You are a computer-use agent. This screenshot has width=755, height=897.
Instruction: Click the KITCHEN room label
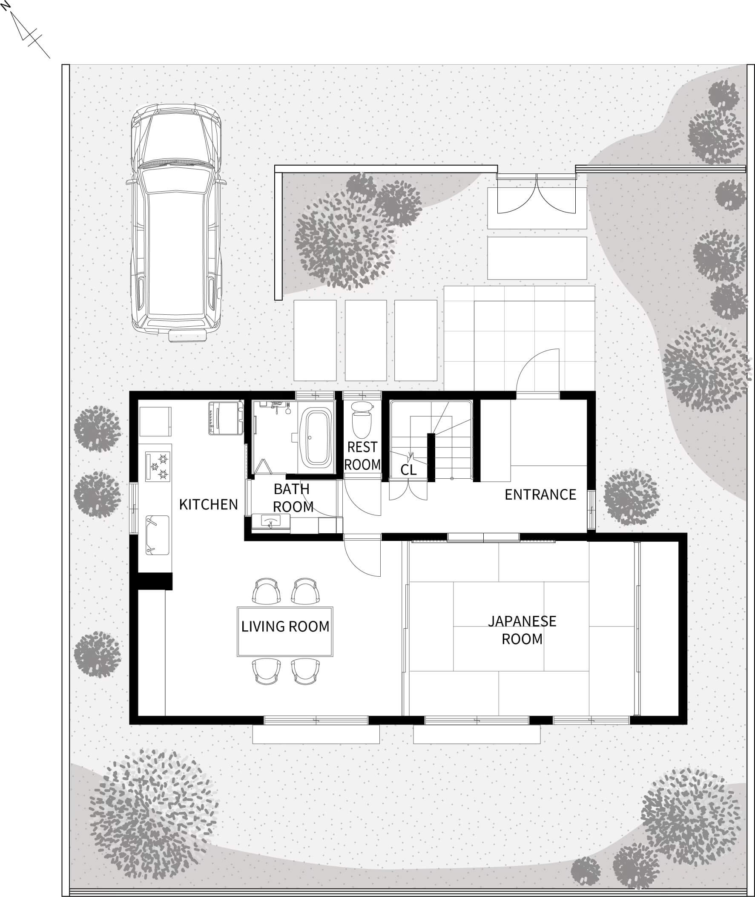click(208, 504)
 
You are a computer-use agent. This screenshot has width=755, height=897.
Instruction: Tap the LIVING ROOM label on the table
click(285, 627)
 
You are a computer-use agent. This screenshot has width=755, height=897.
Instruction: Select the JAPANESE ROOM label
click(522, 630)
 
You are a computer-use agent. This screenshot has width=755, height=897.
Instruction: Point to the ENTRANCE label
click(540, 494)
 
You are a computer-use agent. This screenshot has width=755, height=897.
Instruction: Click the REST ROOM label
click(362, 456)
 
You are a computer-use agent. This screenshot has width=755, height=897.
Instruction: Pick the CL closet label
click(408, 470)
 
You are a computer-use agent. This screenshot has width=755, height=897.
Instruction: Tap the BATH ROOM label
click(293, 497)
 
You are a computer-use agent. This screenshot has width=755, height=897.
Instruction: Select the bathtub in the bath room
click(316, 437)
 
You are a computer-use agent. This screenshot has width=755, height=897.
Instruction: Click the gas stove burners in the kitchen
click(158, 466)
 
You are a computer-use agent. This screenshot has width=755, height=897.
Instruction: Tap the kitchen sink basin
click(157, 535)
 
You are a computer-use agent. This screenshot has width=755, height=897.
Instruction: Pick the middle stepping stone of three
click(366, 340)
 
